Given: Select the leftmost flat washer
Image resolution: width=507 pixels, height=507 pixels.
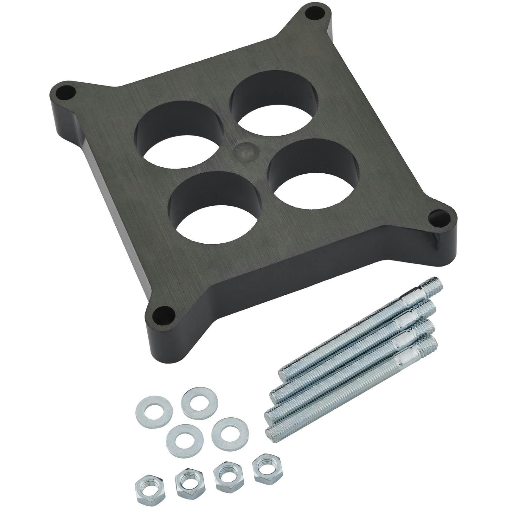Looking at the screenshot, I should point(154,410).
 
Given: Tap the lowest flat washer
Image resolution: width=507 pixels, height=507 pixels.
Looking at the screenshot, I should point(185,441).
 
